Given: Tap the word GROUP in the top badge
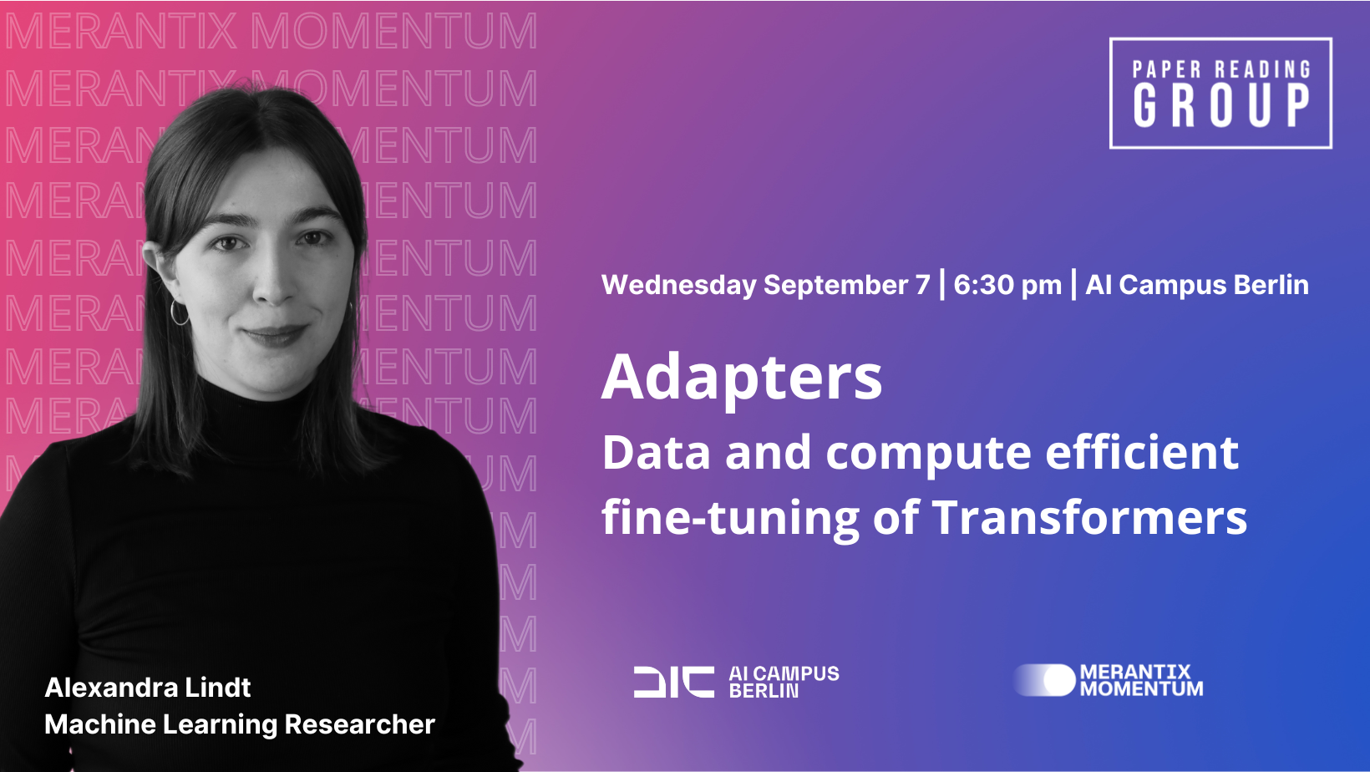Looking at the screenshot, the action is [x=1220, y=105].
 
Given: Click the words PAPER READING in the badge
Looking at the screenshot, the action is [x=1220, y=69].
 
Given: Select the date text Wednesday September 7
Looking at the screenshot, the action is [x=766, y=285].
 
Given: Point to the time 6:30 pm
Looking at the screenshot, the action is [x=1007, y=285].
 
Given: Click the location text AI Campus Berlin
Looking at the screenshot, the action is [x=1197, y=285].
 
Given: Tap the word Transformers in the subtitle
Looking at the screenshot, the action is [x=1089, y=517].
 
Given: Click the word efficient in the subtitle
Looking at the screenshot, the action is [x=1142, y=452].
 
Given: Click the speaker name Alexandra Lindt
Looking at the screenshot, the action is [x=147, y=688].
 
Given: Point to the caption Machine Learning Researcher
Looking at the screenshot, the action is [x=240, y=725].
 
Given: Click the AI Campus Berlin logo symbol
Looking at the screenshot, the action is [x=674, y=682].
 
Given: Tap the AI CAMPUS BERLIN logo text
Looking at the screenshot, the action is [x=784, y=682].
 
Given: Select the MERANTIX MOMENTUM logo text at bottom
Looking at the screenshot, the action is [x=1141, y=680].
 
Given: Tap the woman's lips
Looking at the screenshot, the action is [x=275, y=334].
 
